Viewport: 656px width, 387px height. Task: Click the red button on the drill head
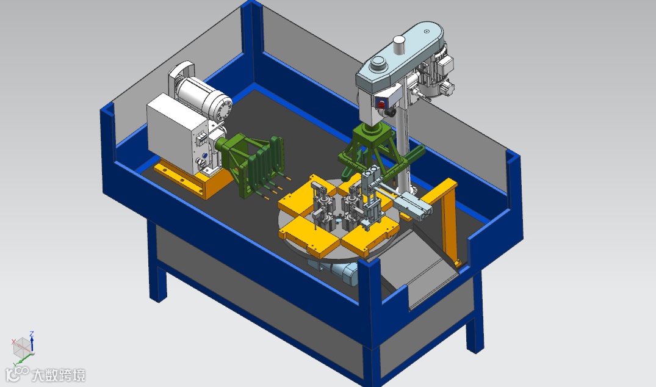click(381, 104)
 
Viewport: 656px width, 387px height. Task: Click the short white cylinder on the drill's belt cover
click(399, 45)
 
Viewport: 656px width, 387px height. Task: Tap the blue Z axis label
click(32, 333)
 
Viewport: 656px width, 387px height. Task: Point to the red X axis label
click(13, 341)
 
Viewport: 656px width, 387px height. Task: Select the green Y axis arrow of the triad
click(24, 360)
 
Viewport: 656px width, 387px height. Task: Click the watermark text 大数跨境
click(59, 375)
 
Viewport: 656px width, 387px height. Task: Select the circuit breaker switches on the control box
click(201, 139)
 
